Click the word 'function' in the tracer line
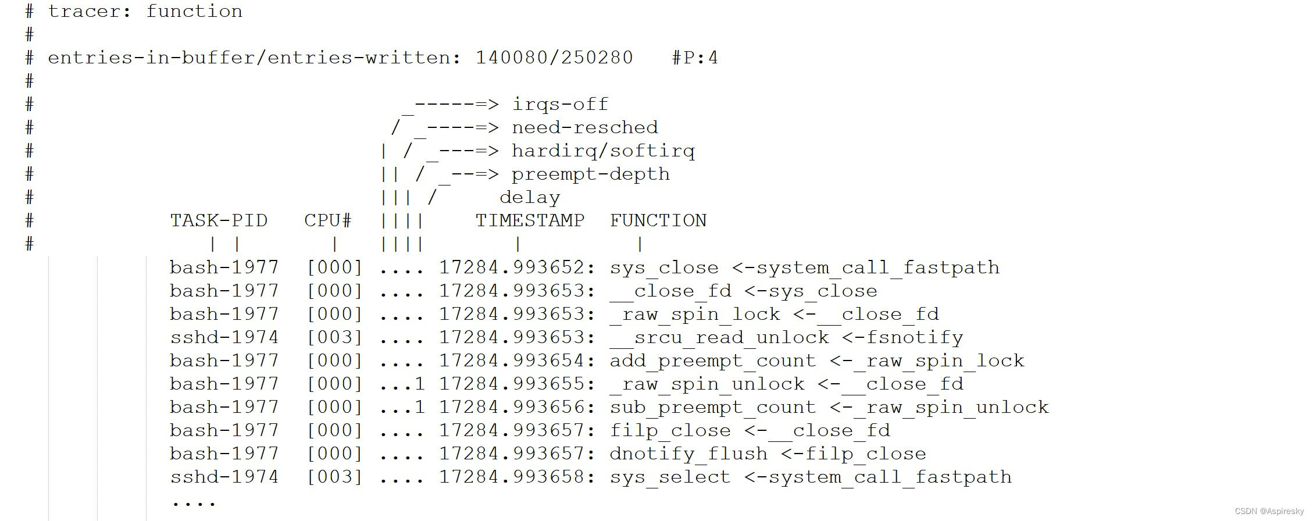pyautogui.click(x=194, y=11)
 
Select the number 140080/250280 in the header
pyautogui.click(x=554, y=58)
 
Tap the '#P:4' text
pyautogui.click(x=695, y=58)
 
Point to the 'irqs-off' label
pyautogui.click(x=560, y=104)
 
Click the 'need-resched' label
pyautogui.click(x=584, y=127)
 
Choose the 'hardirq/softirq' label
pyautogui.click(x=603, y=151)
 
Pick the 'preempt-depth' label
pyautogui.click(x=590, y=174)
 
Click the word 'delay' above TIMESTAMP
pyautogui.click(x=530, y=198)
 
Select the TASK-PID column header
pyautogui.click(x=219, y=220)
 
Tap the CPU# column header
pyautogui.click(x=328, y=220)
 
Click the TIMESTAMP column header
pyautogui.click(x=530, y=220)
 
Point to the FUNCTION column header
pyautogui.click(x=658, y=220)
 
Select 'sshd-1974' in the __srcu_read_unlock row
pyautogui.click(x=224, y=337)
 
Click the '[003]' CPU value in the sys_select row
pyautogui.click(x=334, y=477)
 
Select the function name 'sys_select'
pyautogui.click(x=670, y=477)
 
